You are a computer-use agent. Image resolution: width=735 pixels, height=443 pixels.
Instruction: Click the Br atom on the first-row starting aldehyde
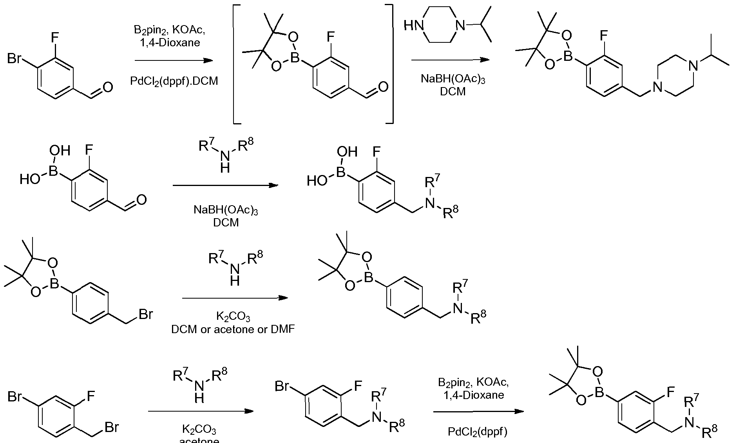[x=14, y=59]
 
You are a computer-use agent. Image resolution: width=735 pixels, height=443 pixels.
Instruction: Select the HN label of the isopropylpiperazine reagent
[x=414, y=26]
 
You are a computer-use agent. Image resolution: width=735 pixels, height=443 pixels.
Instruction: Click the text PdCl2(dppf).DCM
[x=174, y=81]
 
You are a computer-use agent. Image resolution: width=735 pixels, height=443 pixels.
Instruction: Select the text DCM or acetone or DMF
[x=233, y=329]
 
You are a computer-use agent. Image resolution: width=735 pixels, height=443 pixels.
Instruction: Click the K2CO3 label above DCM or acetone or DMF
[x=233, y=316]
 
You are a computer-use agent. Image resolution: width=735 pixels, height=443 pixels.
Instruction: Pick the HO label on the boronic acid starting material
[x=30, y=180]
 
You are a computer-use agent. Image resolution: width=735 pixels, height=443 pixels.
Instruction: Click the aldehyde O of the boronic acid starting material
[x=141, y=200]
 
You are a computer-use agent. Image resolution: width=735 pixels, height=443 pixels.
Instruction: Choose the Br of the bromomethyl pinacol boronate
[x=145, y=314]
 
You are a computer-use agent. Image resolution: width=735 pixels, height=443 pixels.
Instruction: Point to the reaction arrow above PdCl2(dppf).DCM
[x=173, y=61]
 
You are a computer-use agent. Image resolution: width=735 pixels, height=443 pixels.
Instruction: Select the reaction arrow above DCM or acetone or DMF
[x=235, y=298]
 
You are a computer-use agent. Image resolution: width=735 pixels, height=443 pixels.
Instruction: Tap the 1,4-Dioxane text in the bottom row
[x=474, y=395]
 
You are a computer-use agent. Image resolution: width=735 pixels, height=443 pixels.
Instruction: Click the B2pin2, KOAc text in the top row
[x=170, y=30]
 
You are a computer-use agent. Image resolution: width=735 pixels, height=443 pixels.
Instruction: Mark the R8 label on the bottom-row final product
[x=709, y=432]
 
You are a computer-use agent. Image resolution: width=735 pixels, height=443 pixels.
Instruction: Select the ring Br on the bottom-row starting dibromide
[x=15, y=397]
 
